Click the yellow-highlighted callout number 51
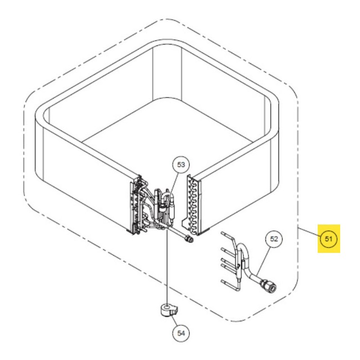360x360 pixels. coord(328,239)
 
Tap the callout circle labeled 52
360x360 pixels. coord(274,239)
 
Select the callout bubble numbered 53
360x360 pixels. coord(181,165)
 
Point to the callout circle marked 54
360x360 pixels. coord(181,333)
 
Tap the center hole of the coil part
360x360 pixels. coord(167,306)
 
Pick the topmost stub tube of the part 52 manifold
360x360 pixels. coord(227,234)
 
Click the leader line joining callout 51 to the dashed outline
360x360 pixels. coord(309,232)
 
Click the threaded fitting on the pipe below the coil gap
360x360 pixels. coord(189,239)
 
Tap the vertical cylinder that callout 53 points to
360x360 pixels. coord(171,208)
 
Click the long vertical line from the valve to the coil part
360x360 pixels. coord(167,266)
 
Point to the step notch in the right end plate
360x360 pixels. coord(184,223)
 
